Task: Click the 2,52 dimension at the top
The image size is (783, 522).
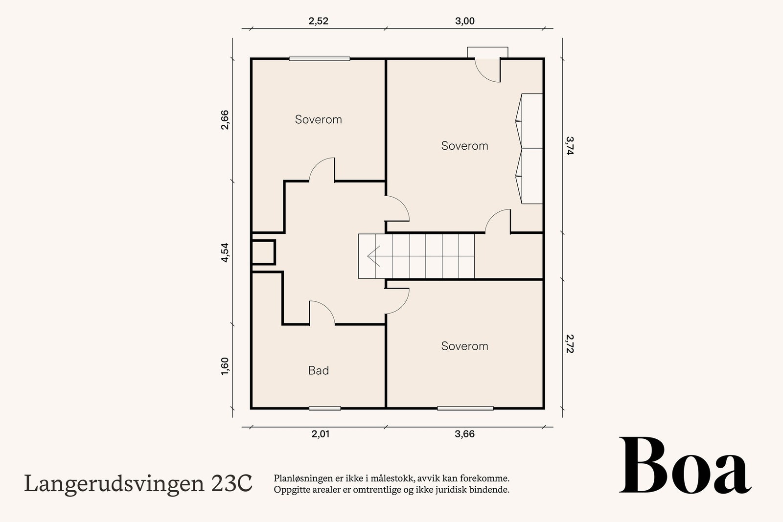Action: click(x=318, y=21)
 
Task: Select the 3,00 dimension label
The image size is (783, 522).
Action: click(x=464, y=21)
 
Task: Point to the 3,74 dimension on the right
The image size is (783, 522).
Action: click(x=569, y=145)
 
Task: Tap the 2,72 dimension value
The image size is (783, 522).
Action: click(x=569, y=343)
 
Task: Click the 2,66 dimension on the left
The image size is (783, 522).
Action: click(x=225, y=120)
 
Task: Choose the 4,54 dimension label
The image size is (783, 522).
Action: click(x=225, y=253)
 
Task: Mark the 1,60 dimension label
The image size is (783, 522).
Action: click(x=225, y=366)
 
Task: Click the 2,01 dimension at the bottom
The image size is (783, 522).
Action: click(x=321, y=434)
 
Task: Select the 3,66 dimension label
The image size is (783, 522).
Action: click(x=464, y=434)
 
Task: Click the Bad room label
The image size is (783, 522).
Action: click(x=318, y=371)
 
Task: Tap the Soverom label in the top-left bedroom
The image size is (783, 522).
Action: click(x=318, y=119)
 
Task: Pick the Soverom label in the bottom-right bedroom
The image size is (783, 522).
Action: click(x=464, y=346)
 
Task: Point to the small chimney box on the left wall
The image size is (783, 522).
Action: click(x=263, y=252)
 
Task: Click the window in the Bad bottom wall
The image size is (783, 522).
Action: click(x=324, y=408)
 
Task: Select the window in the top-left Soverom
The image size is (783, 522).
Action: click(x=319, y=59)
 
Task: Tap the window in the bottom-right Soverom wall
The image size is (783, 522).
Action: click(x=465, y=408)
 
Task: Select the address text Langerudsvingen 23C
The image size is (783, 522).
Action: click(x=138, y=484)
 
